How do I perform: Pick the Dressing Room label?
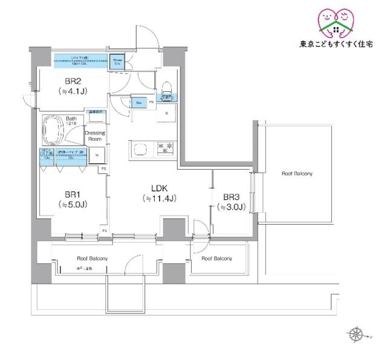pos(95,135)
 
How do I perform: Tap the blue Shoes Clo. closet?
pos(117,62)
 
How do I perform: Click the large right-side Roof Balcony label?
pos(297,173)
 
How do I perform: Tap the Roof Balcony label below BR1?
pos(92,259)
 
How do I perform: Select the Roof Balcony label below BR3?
pos(216,259)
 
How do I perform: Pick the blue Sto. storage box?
pos(139,103)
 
